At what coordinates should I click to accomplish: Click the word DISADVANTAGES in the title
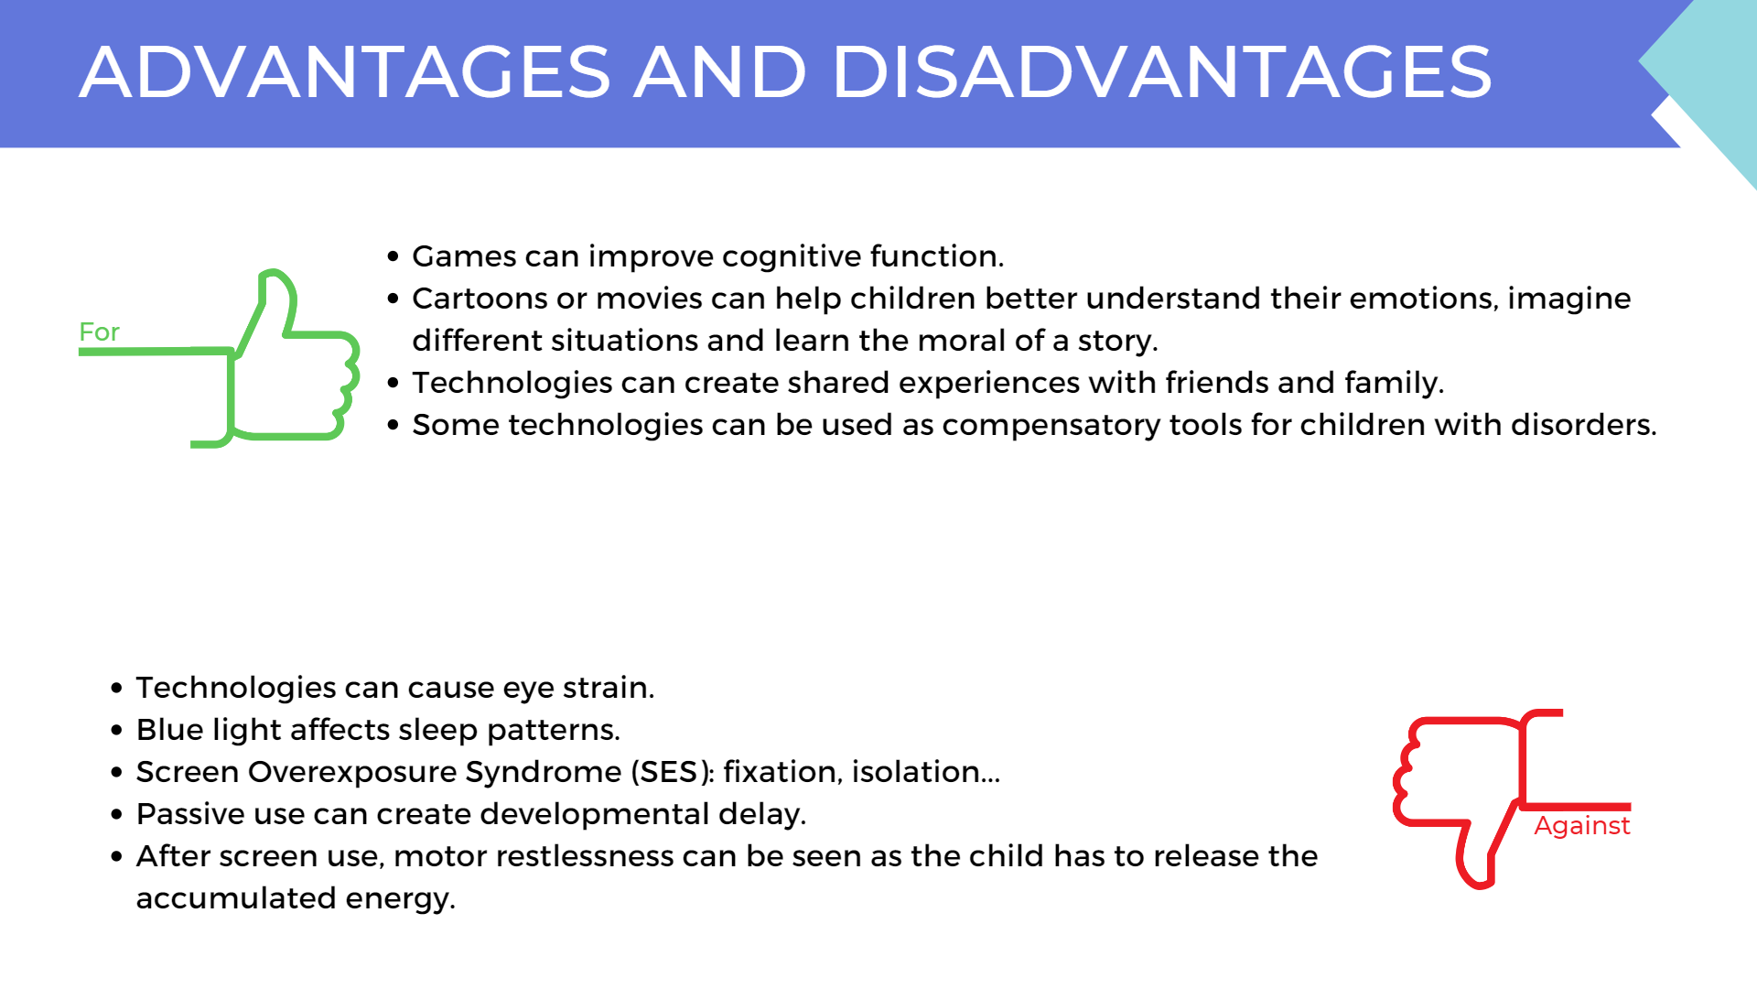[x=1161, y=72]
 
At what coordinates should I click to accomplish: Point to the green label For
[x=99, y=331]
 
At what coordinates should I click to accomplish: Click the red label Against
[x=1581, y=826]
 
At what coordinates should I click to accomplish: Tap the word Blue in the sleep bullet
[x=169, y=730]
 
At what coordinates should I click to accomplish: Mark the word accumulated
[x=236, y=898]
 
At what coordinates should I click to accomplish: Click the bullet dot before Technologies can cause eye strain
[x=116, y=688]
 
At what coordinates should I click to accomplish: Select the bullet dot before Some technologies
[x=393, y=425]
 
